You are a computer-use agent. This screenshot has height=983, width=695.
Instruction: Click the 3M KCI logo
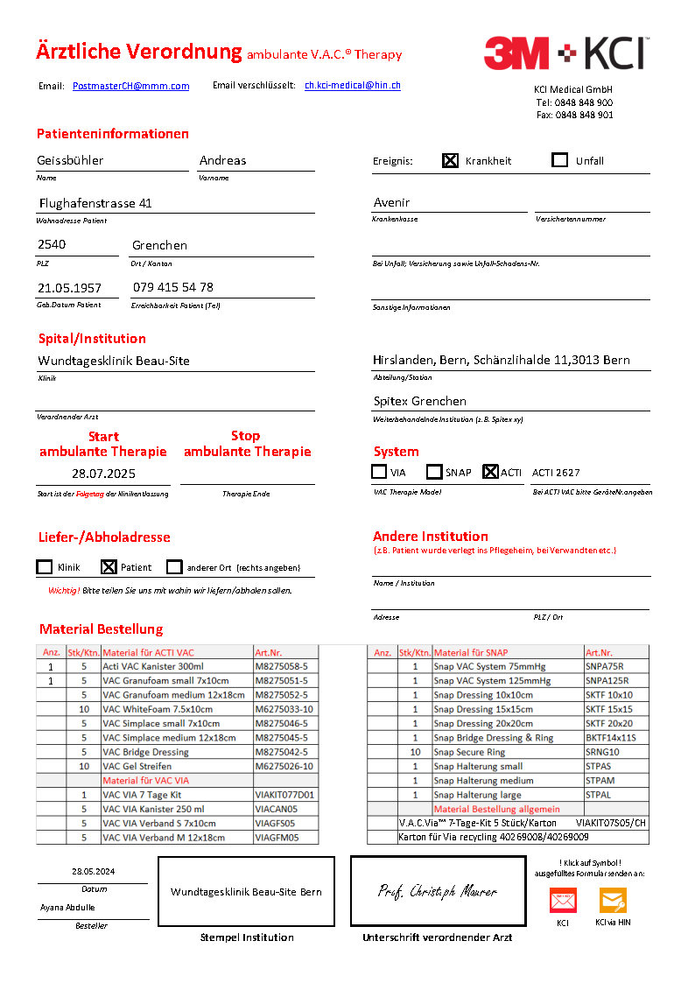click(x=565, y=53)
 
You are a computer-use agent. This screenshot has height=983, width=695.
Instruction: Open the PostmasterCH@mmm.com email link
click(x=130, y=86)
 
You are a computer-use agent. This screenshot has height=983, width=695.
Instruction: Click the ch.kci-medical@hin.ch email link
click(x=352, y=85)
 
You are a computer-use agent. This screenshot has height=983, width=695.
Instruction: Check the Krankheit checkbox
click(x=450, y=160)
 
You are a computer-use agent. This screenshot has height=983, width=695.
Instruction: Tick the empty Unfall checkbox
click(x=560, y=160)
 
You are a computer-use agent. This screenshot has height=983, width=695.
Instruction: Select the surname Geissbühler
click(x=70, y=160)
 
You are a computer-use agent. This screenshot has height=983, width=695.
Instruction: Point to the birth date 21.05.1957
click(x=69, y=288)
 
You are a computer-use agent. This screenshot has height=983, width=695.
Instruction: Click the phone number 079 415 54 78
click(x=172, y=287)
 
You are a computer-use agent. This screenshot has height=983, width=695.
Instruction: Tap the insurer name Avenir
click(x=391, y=202)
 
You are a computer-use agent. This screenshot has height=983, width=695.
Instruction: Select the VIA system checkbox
click(x=379, y=472)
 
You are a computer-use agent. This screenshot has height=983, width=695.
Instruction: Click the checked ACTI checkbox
click(x=490, y=472)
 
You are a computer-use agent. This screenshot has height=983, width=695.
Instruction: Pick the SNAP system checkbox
click(x=434, y=472)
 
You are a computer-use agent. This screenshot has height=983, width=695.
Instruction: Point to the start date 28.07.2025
click(x=103, y=473)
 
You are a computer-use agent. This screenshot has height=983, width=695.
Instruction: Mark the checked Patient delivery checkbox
click(x=109, y=567)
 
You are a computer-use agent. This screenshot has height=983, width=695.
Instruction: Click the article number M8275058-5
click(x=281, y=666)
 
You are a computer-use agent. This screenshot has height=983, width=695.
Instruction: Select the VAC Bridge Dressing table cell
click(x=145, y=752)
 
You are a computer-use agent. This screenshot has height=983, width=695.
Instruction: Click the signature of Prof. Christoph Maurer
click(x=438, y=892)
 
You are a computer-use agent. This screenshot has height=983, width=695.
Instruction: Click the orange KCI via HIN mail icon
click(x=613, y=901)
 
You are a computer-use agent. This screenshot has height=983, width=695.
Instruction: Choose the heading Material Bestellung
click(x=101, y=629)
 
